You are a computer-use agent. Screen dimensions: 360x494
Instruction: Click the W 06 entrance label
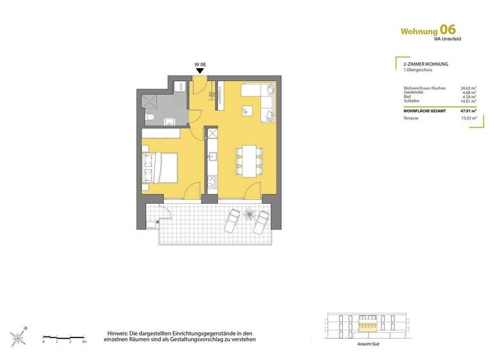pyautogui.click(x=199, y=65)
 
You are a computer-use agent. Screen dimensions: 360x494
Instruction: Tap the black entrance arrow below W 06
pyautogui.click(x=200, y=73)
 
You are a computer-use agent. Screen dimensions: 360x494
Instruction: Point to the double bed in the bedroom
pyautogui.click(x=161, y=167)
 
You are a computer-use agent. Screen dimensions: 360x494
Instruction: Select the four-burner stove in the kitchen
pyautogui.click(x=211, y=181)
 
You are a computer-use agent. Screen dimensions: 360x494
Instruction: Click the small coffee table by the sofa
pyautogui.click(x=246, y=111)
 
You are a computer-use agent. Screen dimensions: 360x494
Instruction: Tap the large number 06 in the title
pyautogui.click(x=448, y=30)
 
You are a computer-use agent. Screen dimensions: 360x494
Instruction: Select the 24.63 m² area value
pyautogui.click(x=468, y=89)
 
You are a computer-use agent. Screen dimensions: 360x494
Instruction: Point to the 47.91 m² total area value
pyautogui.click(x=468, y=110)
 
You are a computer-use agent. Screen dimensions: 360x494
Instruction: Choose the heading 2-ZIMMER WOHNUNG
pyautogui.click(x=421, y=65)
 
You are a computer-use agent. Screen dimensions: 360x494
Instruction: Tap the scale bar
pyautogui.click(x=64, y=337)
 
